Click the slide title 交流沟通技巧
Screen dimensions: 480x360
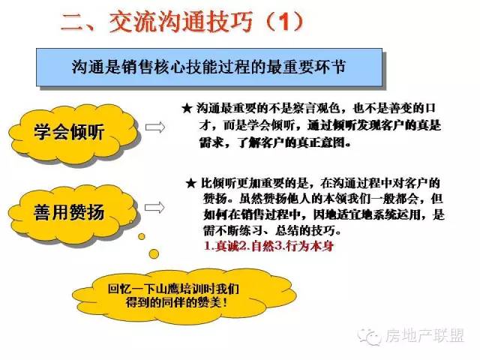click(181, 22)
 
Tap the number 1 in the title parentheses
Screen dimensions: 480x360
click(285, 22)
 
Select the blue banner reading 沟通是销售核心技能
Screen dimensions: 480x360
click(209, 67)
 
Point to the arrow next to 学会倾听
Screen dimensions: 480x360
click(155, 127)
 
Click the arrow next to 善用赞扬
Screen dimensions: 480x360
click(154, 208)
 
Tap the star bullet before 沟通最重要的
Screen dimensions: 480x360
click(187, 109)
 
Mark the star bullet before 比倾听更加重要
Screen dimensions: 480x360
click(190, 184)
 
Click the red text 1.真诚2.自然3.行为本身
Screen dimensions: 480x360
click(268, 247)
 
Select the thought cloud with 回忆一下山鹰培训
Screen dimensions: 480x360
click(184, 296)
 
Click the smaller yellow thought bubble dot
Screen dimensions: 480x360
click(142, 236)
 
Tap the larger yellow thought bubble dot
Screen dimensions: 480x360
click(154, 253)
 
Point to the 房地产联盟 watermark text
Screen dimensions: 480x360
click(424, 336)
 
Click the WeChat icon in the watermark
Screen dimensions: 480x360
click(370, 337)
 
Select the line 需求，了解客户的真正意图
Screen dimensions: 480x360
click(275, 142)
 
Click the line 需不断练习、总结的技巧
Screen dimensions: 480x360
click(272, 230)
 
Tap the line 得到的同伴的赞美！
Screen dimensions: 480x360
click(177, 303)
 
